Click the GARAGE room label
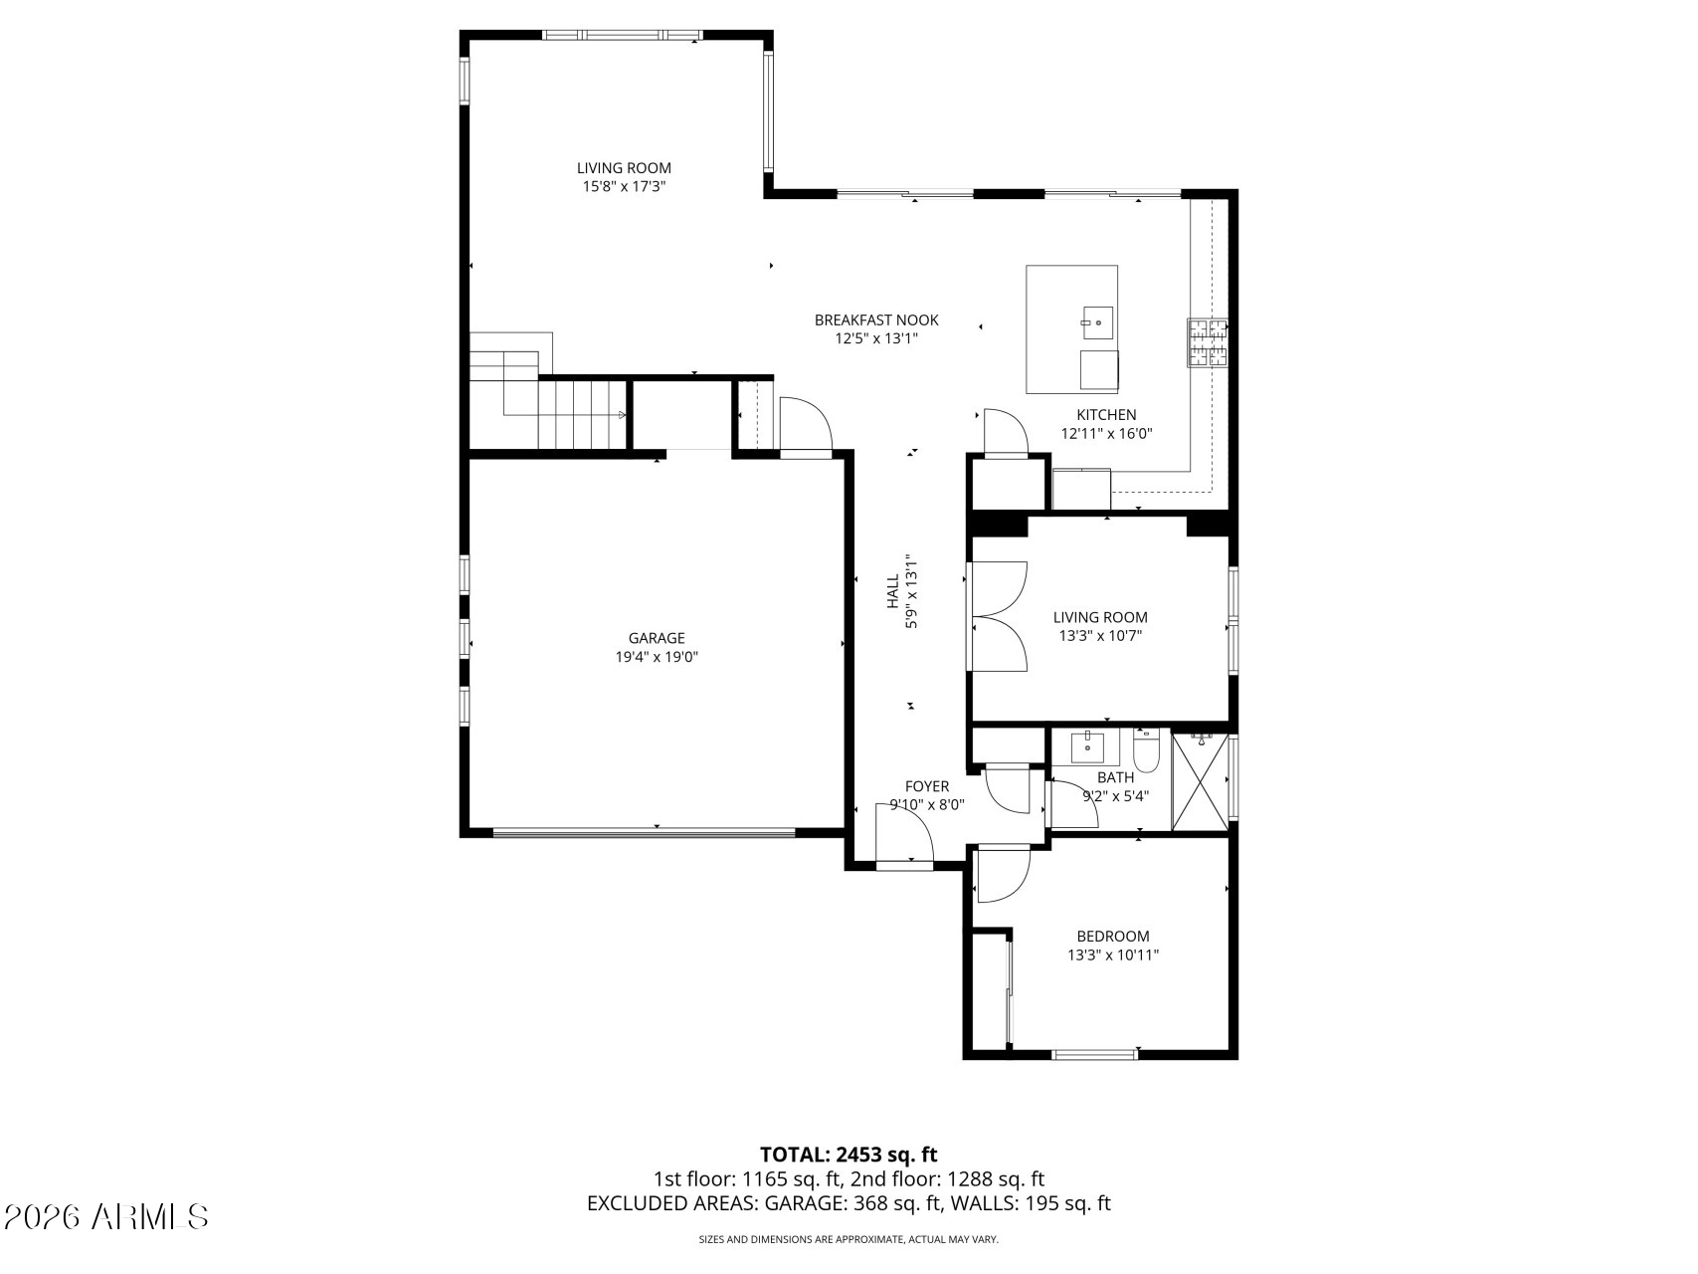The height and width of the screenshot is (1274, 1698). coord(656,638)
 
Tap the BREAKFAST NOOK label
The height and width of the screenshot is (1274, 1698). coord(876,319)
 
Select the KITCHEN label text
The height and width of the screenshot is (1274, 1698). coord(1106,415)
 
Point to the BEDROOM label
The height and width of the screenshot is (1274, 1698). coord(1113,936)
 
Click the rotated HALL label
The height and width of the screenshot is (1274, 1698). coord(892,590)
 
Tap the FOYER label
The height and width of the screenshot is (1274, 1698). coord(927,786)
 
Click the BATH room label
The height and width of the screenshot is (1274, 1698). coord(1115,777)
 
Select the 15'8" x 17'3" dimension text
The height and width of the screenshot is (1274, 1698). coord(624,186)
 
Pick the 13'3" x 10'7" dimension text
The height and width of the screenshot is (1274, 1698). coord(1099,635)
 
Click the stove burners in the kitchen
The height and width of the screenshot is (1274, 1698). coord(1207,342)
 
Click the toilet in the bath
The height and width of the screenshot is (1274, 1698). coord(1147,752)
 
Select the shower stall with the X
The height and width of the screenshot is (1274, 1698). coord(1201,781)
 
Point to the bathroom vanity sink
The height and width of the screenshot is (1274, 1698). coord(1087,743)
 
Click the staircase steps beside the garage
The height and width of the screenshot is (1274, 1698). coord(582,413)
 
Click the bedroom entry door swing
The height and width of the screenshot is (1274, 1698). coord(1001,874)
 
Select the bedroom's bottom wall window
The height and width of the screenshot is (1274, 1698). coord(1094,1054)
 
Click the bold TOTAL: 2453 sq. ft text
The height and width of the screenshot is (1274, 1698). coord(849,1155)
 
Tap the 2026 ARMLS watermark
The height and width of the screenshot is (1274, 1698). coord(106,1216)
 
